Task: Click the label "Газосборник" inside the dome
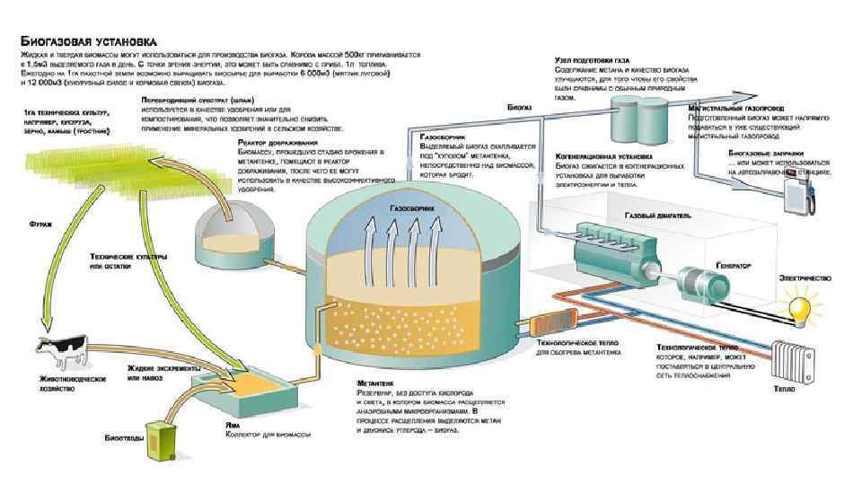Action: point(412,209)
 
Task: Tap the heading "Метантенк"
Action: point(375,384)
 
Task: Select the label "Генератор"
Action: point(734,265)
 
